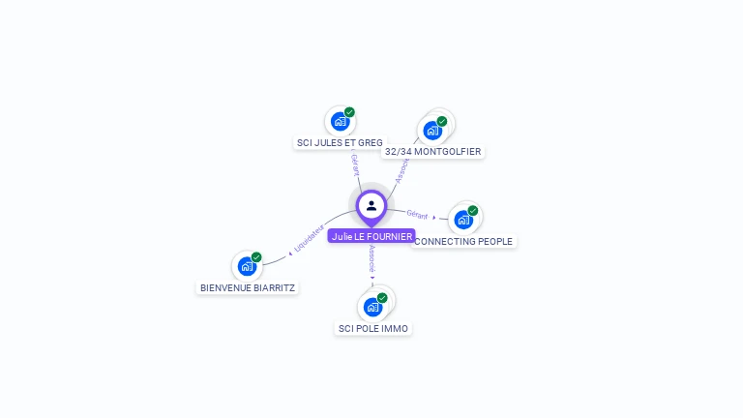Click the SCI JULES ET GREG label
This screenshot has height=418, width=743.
click(x=339, y=142)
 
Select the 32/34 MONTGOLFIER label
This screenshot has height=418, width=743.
click(x=432, y=152)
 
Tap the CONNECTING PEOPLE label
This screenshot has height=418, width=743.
click(x=463, y=241)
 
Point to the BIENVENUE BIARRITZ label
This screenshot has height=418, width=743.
click(x=248, y=287)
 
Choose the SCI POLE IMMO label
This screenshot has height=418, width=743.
click(x=373, y=329)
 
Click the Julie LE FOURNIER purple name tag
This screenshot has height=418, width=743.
click(x=371, y=236)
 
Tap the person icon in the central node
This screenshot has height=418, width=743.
click(x=371, y=205)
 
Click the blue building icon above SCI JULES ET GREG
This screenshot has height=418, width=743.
click(x=340, y=121)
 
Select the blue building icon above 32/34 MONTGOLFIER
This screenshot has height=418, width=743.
click(x=432, y=130)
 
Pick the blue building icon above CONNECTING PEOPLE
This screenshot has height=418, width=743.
click(x=463, y=220)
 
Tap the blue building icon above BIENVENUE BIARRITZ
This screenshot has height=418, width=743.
click(x=247, y=266)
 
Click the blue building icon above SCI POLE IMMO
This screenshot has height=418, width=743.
click(x=372, y=308)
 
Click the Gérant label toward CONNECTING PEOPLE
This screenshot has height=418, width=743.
click(x=417, y=214)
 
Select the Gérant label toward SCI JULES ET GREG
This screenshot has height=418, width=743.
click(x=355, y=164)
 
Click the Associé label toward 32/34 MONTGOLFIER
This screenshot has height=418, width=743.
click(x=402, y=170)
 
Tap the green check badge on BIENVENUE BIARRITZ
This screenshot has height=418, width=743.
click(x=256, y=257)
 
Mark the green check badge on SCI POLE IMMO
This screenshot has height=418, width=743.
click(x=382, y=298)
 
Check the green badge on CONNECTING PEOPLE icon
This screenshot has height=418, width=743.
click(x=473, y=210)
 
